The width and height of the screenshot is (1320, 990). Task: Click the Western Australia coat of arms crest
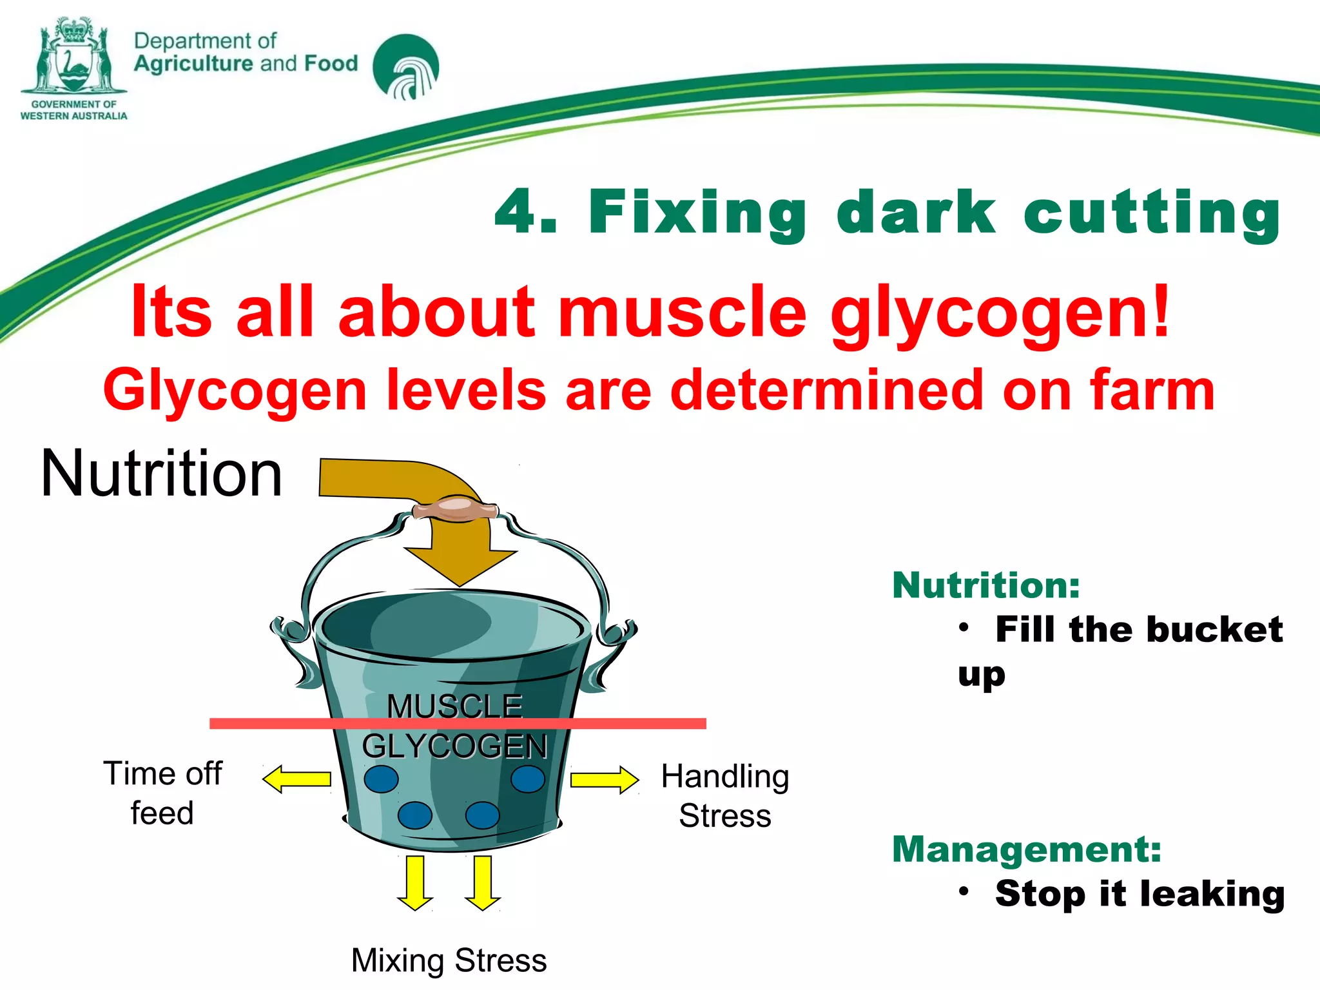point(73,57)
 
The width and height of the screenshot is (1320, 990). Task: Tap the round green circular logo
point(405,67)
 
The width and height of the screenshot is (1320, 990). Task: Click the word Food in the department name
point(331,63)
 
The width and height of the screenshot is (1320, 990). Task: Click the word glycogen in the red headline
point(999,315)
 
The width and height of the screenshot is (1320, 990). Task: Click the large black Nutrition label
point(161,474)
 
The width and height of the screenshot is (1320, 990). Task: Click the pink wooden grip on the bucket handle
point(455,509)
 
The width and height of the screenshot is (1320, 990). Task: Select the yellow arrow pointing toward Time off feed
point(297,779)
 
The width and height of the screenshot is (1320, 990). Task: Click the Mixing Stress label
point(449,960)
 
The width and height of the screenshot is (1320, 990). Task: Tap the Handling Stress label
point(724,796)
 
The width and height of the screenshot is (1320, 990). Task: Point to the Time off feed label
point(162,793)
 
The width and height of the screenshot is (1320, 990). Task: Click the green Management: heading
point(1026,849)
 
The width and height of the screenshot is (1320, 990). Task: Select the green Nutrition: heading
point(985,585)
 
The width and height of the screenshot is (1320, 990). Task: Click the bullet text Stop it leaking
point(1139,894)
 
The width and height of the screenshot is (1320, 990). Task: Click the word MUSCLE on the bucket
point(454,706)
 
